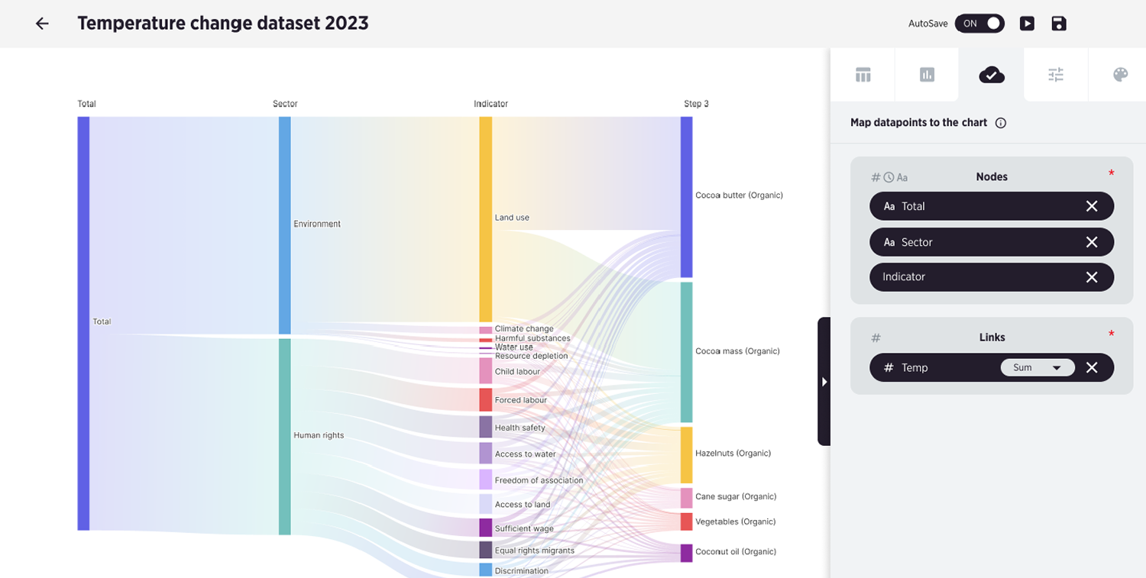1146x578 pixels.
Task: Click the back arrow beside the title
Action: [x=42, y=24]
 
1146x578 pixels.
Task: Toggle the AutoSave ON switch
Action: [x=979, y=24]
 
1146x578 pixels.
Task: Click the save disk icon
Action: [x=1058, y=24]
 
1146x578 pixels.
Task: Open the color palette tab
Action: [x=1120, y=75]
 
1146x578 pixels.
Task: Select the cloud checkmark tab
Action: [x=992, y=75]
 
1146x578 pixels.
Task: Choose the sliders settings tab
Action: [x=1055, y=75]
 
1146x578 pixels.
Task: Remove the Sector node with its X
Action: [x=1091, y=242]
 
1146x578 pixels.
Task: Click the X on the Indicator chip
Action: [x=1091, y=276]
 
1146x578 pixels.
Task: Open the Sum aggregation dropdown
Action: [x=1037, y=367]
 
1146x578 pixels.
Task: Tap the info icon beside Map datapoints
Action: [x=1000, y=123]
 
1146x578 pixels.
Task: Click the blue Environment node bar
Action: [x=284, y=225]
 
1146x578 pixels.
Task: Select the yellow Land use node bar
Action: [x=485, y=219]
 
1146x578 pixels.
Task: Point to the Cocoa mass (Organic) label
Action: [x=737, y=351]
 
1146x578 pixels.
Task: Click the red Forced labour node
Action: [x=485, y=399]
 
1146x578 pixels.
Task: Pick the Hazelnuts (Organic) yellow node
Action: [x=686, y=455]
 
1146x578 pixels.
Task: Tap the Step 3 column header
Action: [x=696, y=104]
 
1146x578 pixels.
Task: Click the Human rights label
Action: [x=319, y=435]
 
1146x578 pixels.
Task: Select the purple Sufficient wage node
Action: [x=485, y=528]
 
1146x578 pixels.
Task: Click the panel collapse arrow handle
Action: [x=824, y=382]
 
